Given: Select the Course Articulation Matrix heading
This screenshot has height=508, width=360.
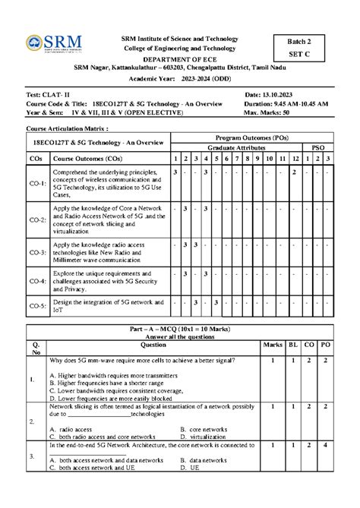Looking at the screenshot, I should (x=63, y=130).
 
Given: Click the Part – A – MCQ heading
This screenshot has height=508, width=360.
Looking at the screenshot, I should (x=179, y=327).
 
